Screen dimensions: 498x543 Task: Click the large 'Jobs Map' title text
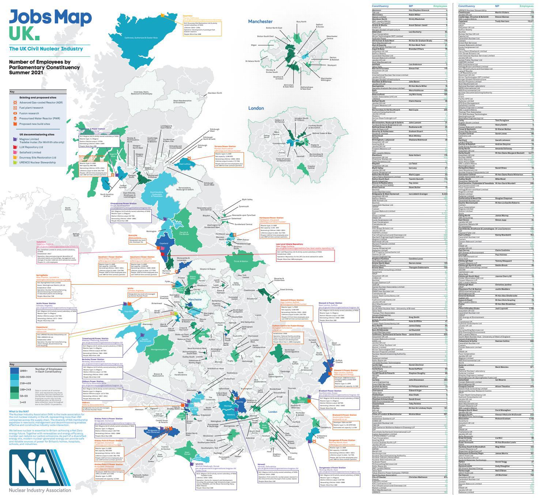(x=50, y=17)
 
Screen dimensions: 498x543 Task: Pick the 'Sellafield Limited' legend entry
(x=31, y=152)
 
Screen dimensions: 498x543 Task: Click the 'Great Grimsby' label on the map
(x=286, y=290)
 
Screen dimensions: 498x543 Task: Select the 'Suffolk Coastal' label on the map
(x=339, y=361)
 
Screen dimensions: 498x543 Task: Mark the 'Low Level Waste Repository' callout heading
(x=289, y=244)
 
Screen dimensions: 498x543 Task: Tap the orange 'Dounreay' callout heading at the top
(x=188, y=16)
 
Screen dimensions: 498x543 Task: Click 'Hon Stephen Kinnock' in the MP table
(x=419, y=10)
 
